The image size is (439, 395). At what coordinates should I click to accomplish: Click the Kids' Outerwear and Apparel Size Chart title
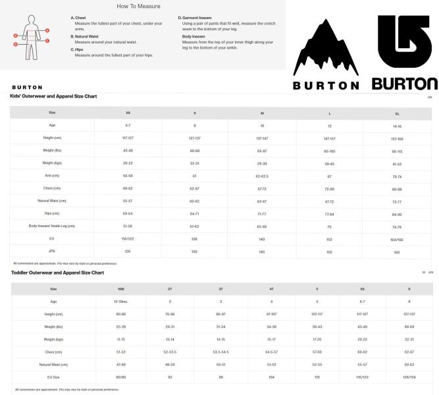53,96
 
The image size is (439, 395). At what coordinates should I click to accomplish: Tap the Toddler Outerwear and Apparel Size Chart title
57,271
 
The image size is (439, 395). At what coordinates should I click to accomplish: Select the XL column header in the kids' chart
396,112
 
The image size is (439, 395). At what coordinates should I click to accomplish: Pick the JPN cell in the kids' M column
262,251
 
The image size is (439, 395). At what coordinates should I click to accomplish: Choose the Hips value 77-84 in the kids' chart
329,213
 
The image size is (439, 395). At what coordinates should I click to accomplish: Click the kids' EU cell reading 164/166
396,238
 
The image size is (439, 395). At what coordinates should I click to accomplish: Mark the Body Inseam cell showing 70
329,226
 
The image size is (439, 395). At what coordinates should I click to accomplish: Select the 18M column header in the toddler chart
121,288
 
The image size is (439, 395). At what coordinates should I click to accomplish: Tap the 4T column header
271,288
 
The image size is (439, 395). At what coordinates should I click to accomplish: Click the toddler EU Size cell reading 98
220,377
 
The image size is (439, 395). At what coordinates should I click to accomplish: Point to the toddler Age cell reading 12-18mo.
121,302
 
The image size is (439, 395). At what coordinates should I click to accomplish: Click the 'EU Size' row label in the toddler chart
53,377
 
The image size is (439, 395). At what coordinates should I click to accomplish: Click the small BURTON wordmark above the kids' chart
27,87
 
